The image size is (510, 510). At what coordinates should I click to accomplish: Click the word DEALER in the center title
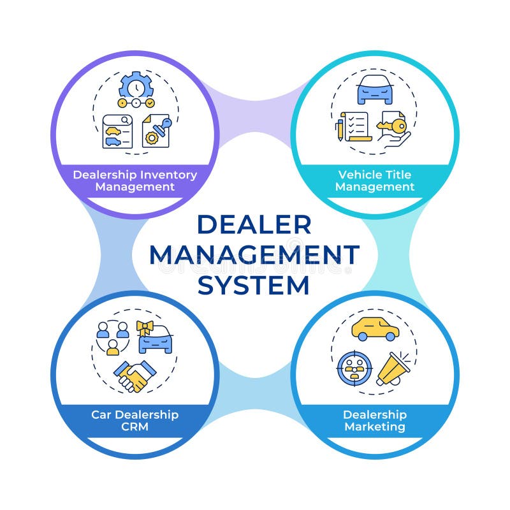(254, 224)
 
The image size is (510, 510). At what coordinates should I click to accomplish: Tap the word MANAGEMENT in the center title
(254, 254)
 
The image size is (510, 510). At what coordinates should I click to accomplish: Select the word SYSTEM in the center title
(254, 284)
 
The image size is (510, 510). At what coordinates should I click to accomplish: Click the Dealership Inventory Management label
(135, 180)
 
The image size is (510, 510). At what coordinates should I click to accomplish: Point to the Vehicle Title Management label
(375, 180)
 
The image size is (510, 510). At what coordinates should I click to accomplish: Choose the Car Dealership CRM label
(135, 421)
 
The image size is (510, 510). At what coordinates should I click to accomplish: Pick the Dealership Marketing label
(375, 421)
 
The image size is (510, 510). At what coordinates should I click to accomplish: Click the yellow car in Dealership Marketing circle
(375, 329)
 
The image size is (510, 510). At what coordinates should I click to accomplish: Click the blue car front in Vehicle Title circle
(375, 90)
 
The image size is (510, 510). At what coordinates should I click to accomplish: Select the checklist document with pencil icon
(354, 126)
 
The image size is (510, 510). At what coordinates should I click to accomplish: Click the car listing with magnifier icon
(117, 131)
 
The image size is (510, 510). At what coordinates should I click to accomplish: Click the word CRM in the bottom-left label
(135, 427)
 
